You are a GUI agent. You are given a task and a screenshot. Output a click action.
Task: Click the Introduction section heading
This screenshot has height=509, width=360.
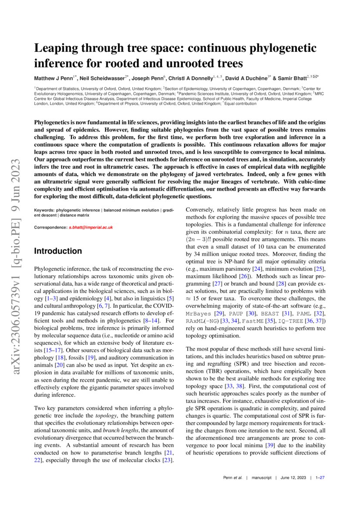(x=58, y=251)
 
